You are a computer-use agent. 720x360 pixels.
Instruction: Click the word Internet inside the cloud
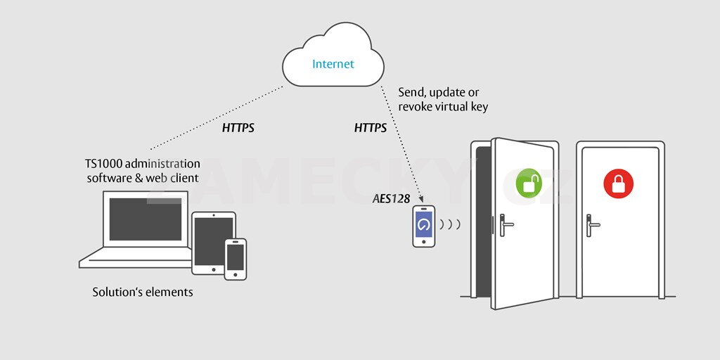(x=333, y=64)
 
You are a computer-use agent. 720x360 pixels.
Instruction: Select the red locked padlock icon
(x=618, y=184)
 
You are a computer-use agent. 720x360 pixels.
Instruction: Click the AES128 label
(x=392, y=199)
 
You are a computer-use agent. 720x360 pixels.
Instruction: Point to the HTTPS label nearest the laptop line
(x=238, y=128)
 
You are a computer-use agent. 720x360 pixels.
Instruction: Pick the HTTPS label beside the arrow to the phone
(x=370, y=128)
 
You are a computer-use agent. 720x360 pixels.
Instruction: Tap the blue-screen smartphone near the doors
(x=423, y=226)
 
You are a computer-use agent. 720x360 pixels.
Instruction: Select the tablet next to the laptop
(x=213, y=242)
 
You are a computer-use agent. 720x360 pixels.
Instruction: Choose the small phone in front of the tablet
(x=236, y=258)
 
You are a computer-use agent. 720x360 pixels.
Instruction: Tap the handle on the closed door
(x=593, y=224)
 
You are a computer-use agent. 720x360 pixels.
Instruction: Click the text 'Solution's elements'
(x=143, y=291)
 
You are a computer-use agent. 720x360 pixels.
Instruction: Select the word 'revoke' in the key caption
(x=416, y=107)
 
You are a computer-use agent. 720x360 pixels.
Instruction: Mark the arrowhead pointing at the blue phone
(x=420, y=200)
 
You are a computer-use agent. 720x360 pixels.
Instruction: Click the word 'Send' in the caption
(x=411, y=92)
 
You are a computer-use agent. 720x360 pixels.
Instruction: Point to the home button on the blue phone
(x=423, y=241)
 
